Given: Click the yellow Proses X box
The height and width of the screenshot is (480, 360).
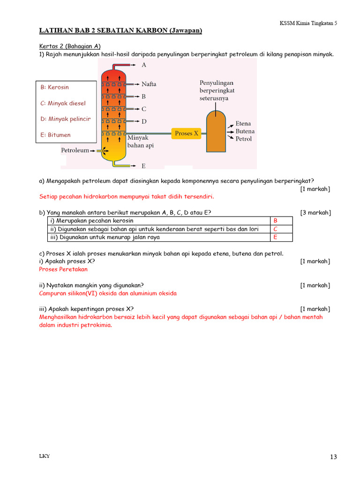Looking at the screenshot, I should coord(186,134).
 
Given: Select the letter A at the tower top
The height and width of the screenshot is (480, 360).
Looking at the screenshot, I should coord(144,65).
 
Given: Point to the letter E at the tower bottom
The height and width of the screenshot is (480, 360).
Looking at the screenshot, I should coord(143,166).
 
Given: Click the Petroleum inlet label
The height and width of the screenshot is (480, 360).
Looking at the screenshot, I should coord(75,150).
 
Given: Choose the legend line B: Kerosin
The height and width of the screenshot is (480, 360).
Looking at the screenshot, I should coord(55,87).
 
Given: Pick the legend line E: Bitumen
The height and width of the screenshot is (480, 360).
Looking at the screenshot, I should coord(56,135).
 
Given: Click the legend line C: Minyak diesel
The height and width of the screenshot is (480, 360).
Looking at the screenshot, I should coord(63,103).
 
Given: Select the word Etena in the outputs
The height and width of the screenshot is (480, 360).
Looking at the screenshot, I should coord(243,124).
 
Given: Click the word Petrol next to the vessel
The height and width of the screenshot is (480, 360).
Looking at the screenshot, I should coord(244,139).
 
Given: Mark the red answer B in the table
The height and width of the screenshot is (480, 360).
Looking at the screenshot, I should coord(275,221).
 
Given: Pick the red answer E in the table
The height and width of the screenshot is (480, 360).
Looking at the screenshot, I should coord(275,237).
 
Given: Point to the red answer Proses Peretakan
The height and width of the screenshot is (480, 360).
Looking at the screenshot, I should coord(63,270).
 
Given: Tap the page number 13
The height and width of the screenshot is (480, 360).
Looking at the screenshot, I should coord(333,457).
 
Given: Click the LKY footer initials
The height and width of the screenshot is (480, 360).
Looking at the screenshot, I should coord(45,457).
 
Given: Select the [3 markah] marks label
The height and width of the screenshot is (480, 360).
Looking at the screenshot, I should coord(315,213).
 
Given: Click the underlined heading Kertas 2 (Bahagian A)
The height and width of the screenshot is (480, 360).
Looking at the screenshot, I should coord(70,46).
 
